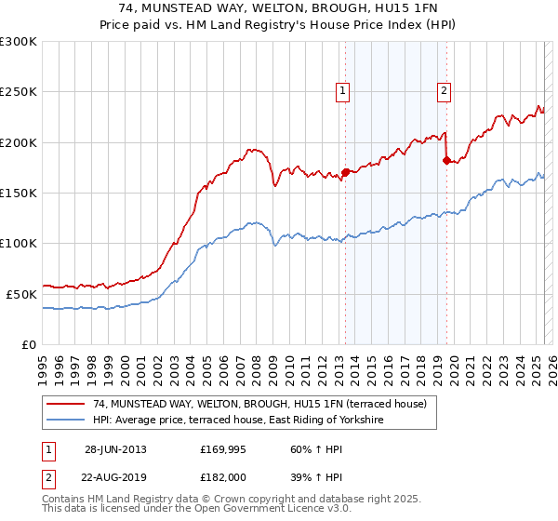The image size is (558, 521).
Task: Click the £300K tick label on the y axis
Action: tap(19, 42)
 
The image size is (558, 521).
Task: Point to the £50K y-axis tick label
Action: tap(21, 294)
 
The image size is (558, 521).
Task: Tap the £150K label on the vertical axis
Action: tap(19, 194)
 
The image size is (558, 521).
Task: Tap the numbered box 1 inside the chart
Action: tap(343, 91)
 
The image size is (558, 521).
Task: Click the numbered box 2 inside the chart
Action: tap(445, 91)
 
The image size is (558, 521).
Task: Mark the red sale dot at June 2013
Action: tap(346, 172)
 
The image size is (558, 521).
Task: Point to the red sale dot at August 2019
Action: tap(446, 160)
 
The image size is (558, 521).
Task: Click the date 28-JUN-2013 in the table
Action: tap(115, 449)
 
